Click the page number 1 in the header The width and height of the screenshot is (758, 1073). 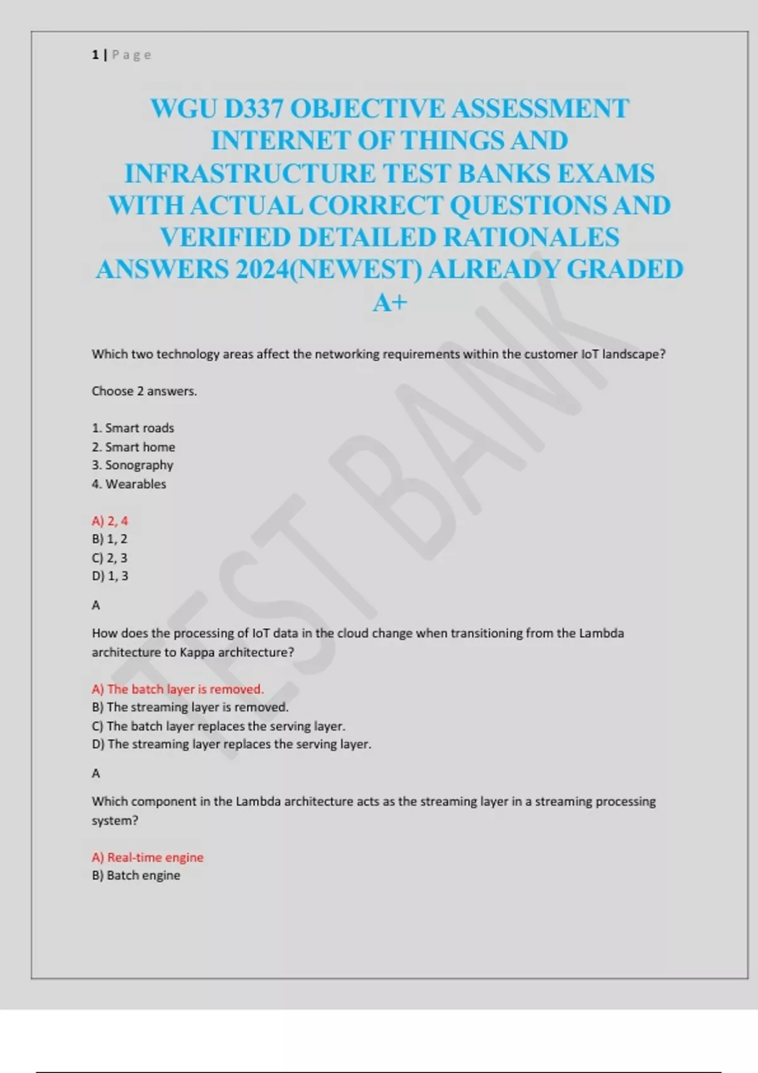[x=95, y=55]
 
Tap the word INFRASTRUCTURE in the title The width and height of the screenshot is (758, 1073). [x=250, y=174]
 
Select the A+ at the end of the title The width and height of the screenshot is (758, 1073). [x=390, y=302]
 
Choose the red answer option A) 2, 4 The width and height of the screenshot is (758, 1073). [x=110, y=521]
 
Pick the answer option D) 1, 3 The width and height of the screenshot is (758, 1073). [x=110, y=576]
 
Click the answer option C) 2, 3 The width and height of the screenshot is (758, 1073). [x=110, y=558]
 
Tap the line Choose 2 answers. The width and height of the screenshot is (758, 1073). [x=144, y=391]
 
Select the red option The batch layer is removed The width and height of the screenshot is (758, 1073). [x=177, y=689]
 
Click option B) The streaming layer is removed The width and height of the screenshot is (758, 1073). [x=189, y=708]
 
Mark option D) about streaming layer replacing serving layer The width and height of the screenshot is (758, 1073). [x=231, y=744]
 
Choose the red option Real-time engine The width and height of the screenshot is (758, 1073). [x=148, y=857]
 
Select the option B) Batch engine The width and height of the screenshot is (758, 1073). [x=136, y=875]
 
